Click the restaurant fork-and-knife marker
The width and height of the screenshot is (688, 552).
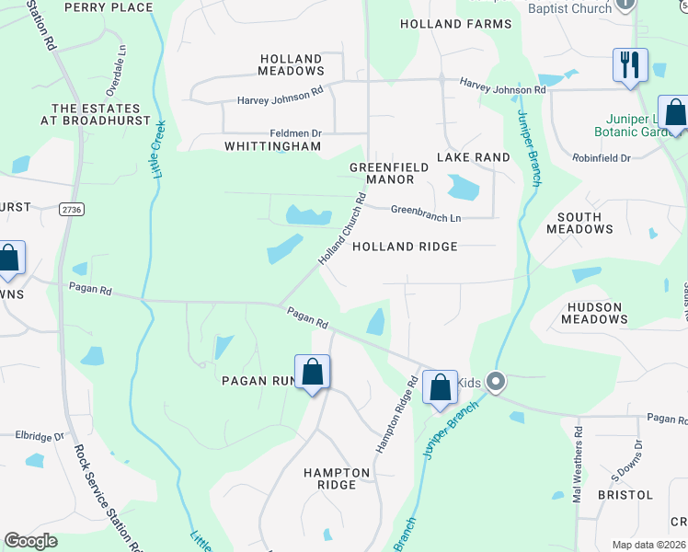pos(630,65)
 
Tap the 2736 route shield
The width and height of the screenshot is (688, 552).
pos(70,210)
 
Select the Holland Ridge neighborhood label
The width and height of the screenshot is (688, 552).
pos(405,247)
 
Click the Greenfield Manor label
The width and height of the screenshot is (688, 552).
pos(382,173)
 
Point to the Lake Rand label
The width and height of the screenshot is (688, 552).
pos(473,157)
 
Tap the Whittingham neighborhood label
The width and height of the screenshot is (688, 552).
pos(273,146)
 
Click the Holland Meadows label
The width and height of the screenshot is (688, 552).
pos(291,64)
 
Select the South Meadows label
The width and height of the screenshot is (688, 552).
pos(579,224)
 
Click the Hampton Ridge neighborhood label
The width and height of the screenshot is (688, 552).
pos(337,478)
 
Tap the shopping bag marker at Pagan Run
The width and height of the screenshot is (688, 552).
pos(313,373)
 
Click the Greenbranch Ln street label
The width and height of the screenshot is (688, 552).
pos(425,213)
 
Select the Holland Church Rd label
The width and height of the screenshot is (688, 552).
pos(342,229)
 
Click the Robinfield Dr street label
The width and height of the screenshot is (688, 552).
pos(600,158)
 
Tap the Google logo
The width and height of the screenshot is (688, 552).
pos(31,541)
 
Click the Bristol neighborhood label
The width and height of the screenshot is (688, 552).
pos(625,495)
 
